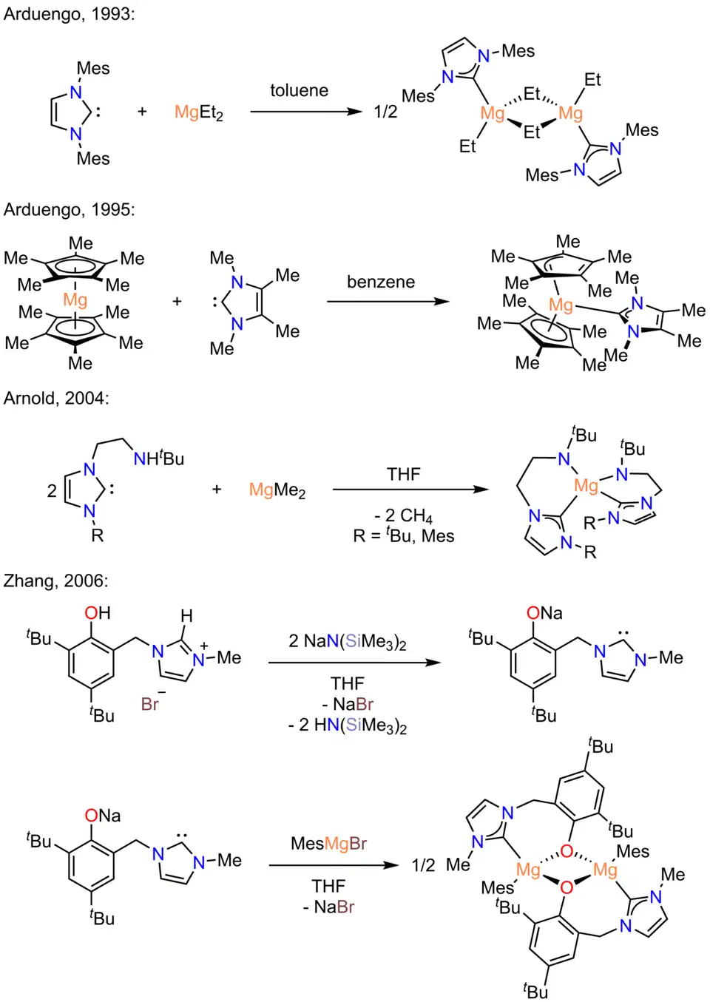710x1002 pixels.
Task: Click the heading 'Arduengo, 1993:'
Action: (x=69, y=14)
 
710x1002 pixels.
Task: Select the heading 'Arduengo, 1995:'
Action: (x=69, y=210)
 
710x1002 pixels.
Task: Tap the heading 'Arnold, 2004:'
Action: (x=56, y=399)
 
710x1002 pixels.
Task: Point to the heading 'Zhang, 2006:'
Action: (x=55, y=581)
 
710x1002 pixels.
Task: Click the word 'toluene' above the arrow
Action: (x=299, y=91)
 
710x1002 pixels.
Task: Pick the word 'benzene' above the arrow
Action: (x=381, y=282)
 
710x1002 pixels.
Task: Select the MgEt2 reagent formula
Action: (x=198, y=112)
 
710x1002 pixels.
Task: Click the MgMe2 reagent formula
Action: (x=277, y=490)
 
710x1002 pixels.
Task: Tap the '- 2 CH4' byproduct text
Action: (x=403, y=515)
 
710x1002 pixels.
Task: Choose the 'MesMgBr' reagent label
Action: (x=328, y=844)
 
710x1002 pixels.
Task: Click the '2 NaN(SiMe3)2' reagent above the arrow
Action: (x=348, y=641)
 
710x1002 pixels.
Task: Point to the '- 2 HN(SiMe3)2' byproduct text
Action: (x=348, y=725)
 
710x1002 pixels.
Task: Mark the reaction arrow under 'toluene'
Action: (x=305, y=112)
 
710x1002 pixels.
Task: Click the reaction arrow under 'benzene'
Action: (x=388, y=302)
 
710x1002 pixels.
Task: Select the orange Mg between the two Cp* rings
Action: (x=75, y=299)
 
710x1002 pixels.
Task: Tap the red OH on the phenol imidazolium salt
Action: (x=97, y=613)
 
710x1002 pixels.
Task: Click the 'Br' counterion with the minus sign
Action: (x=151, y=703)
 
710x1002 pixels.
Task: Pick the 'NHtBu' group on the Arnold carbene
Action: (x=158, y=458)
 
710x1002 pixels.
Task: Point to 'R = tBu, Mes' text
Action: (x=403, y=536)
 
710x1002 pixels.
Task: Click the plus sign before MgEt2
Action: (x=142, y=112)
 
